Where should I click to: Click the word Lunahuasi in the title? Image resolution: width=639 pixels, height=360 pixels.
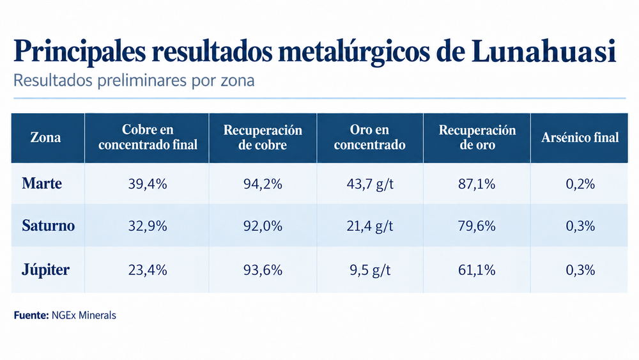[x=544, y=51]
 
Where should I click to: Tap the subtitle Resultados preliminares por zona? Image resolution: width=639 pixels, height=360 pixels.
[x=134, y=81]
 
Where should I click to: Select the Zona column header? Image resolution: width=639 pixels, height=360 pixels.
[x=45, y=137]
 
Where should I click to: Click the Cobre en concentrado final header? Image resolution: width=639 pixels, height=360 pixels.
[x=148, y=137]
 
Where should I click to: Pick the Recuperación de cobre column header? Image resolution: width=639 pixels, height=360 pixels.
[x=263, y=137]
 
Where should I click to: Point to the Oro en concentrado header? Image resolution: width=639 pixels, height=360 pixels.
[x=369, y=137]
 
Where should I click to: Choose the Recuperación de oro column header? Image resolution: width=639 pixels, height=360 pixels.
[x=477, y=137]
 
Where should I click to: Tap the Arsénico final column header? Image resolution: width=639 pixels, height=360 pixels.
[x=580, y=137]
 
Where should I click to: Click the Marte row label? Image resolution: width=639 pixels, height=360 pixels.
[x=42, y=184]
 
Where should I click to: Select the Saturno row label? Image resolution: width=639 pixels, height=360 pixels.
[x=49, y=226]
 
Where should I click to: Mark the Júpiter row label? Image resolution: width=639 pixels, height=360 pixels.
[x=45, y=270]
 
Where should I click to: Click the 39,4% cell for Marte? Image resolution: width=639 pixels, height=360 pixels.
[x=148, y=184]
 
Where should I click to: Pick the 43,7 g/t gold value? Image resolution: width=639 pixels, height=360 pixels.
[x=370, y=184]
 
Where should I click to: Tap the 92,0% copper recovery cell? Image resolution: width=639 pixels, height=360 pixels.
[x=263, y=226]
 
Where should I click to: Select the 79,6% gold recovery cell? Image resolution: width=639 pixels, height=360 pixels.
[x=477, y=226]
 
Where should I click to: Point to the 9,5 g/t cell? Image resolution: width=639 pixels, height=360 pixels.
[x=370, y=270]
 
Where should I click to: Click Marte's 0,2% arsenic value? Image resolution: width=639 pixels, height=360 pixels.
[x=580, y=184]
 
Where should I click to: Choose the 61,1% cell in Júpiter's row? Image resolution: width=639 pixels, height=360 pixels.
[x=477, y=270]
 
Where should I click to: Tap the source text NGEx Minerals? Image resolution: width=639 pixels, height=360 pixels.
[x=84, y=315]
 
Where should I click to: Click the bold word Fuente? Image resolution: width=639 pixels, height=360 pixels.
[x=31, y=315]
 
